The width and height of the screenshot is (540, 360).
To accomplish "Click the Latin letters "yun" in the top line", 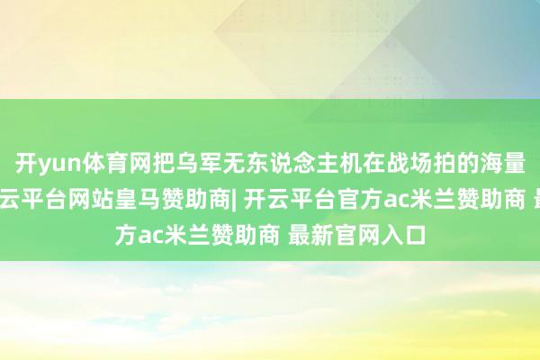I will [55, 166].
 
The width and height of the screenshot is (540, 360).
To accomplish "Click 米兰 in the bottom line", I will [184, 216].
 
